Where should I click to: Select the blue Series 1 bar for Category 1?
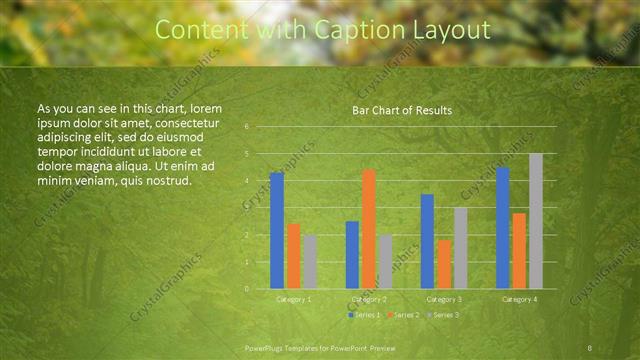277,230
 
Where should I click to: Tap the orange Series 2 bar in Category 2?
369,228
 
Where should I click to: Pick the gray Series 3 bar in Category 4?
536,221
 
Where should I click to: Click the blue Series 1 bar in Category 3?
427,241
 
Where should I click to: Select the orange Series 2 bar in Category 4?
519,250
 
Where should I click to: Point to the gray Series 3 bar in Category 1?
311,261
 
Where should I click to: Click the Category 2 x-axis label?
369,299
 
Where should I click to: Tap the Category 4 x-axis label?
519,299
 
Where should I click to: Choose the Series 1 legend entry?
364,315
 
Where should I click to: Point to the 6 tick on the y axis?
246,127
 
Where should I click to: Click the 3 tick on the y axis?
246,208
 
